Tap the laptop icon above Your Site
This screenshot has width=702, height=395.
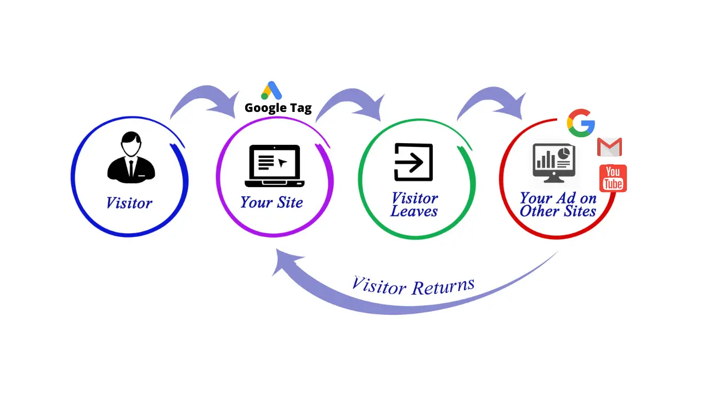(x=275, y=165)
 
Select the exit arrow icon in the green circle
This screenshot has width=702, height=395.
(x=414, y=162)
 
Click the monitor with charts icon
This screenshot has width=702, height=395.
(x=553, y=162)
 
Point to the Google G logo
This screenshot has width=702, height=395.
(x=581, y=122)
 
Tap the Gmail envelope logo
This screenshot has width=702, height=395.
(x=609, y=147)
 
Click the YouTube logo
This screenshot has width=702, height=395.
(x=613, y=178)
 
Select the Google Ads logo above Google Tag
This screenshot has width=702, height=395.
(x=271, y=91)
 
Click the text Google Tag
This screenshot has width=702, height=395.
(x=278, y=108)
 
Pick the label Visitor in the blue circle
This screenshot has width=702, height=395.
(x=129, y=203)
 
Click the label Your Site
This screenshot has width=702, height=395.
(x=271, y=202)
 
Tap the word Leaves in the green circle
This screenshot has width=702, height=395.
(x=414, y=211)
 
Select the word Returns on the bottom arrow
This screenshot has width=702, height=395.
(x=443, y=286)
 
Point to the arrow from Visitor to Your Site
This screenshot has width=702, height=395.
(x=203, y=99)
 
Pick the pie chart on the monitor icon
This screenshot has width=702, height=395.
(x=563, y=153)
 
